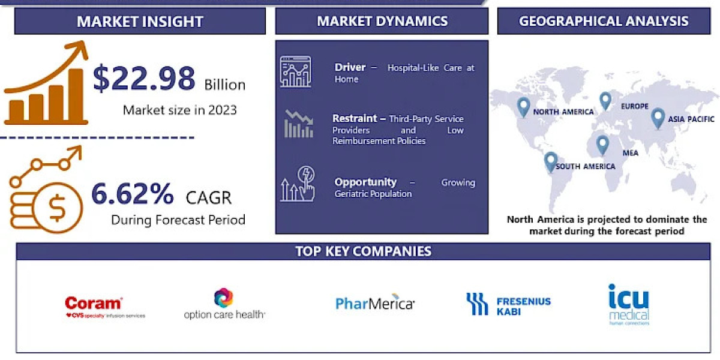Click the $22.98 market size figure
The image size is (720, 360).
[x=144, y=78]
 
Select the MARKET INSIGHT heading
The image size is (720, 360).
[x=140, y=22]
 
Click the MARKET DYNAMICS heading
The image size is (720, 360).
[x=382, y=21]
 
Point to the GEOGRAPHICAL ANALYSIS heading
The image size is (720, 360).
[x=604, y=21]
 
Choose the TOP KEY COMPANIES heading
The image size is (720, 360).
[x=363, y=251]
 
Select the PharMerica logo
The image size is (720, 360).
[x=375, y=303]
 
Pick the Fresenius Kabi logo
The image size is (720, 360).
[x=508, y=304]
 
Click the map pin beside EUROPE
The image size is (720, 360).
[x=605, y=101]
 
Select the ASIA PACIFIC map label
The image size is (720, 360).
[x=692, y=119]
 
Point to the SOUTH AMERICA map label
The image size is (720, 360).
[x=585, y=166]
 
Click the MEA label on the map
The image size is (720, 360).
[x=631, y=153]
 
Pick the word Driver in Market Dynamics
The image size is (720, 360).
[x=350, y=68]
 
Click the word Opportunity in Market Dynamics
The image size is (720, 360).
[x=365, y=182]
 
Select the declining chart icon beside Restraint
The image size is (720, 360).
[x=298, y=124]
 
